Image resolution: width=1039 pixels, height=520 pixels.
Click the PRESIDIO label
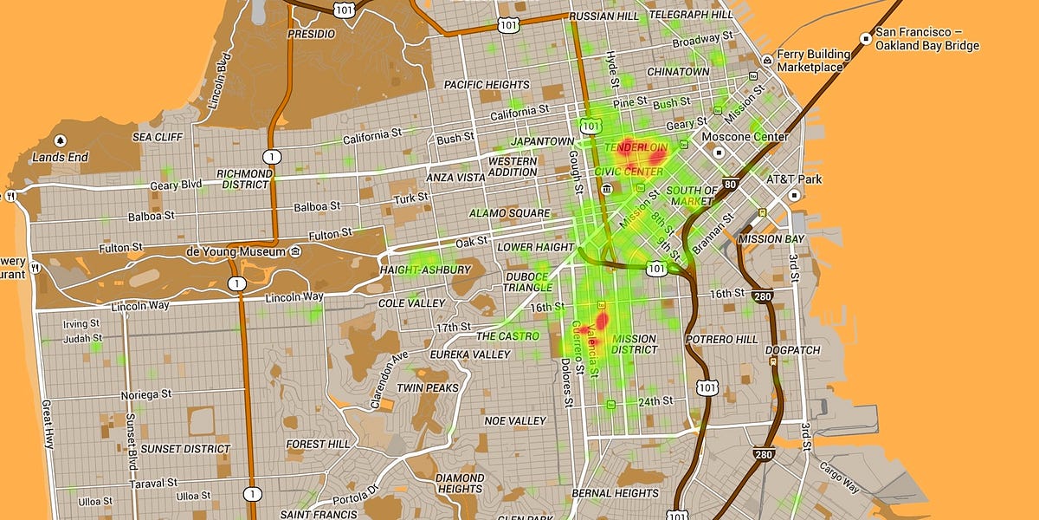[x=311, y=34]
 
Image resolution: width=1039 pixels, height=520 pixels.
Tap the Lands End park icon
[x=60, y=140]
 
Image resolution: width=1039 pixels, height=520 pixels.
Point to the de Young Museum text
[x=235, y=252]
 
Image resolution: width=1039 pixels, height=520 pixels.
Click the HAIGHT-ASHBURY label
[x=425, y=270]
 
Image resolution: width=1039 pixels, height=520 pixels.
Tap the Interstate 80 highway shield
[x=730, y=184]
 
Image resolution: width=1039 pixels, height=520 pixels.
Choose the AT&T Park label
[x=794, y=179]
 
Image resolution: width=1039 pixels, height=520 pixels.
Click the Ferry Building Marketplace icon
[x=767, y=60]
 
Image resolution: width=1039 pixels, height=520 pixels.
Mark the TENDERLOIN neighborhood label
[x=636, y=148]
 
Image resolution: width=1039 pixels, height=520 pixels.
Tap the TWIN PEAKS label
[x=427, y=387]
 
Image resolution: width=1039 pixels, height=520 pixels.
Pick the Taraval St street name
[x=154, y=482]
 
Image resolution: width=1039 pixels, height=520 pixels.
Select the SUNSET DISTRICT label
[x=185, y=449]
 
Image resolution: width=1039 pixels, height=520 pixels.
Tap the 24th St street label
[x=655, y=401]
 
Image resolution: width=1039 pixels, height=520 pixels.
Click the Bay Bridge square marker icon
[x=865, y=38]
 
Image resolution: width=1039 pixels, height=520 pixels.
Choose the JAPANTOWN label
[x=543, y=141]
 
